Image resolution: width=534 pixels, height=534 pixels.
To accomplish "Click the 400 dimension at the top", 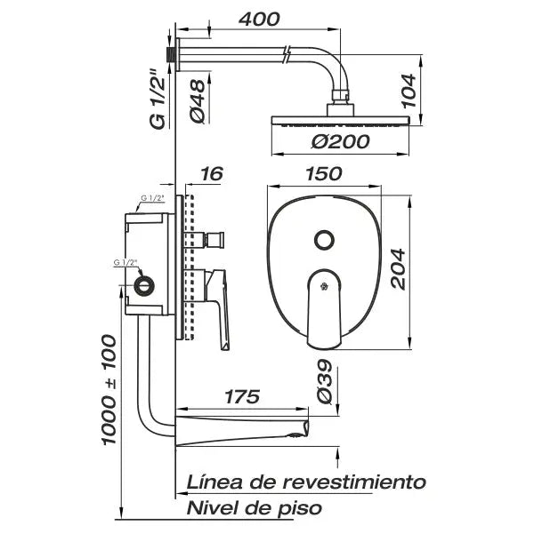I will (x=259, y=19).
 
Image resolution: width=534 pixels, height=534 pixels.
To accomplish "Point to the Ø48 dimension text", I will (x=199, y=101).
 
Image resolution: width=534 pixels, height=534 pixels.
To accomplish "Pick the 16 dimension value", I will (x=212, y=175).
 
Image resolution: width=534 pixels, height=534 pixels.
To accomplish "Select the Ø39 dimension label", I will (x=326, y=384).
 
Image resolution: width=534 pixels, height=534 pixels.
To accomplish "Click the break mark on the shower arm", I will (x=286, y=52).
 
